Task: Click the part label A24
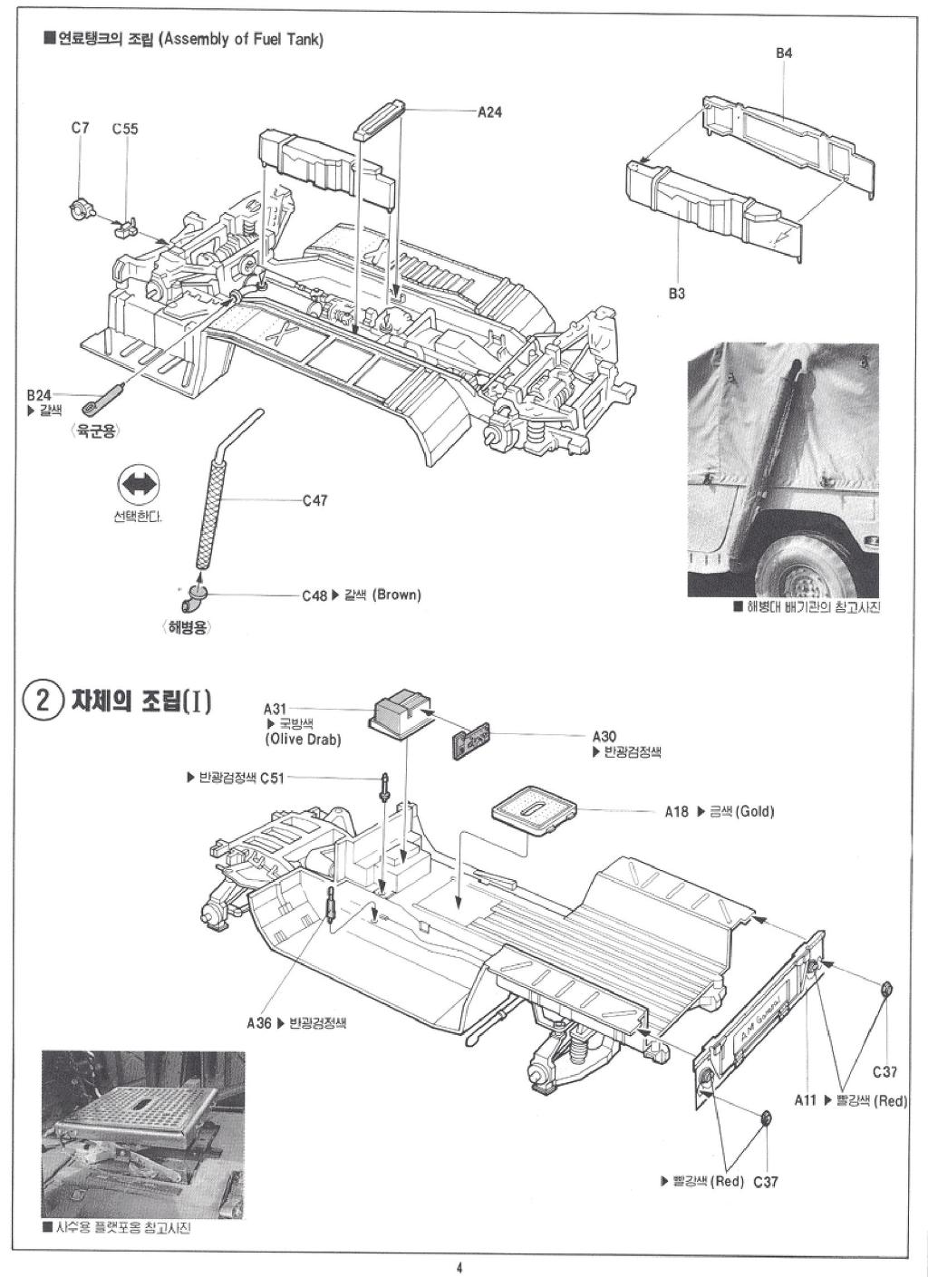(x=489, y=112)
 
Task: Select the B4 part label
(x=784, y=53)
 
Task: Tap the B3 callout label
(x=677, y=293)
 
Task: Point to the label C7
(x=81, y=129)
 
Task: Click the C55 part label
(x=125, y=129)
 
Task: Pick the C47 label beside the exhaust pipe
(x=314, y=500)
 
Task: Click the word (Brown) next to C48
(x=396, y=595)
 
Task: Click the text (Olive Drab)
(x=304, y=739)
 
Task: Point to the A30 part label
(x=604, y=737)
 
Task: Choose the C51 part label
(x=272, y=778)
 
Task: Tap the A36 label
(x=258, y=1023)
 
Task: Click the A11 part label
(x=806, y=1100)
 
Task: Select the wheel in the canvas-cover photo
(x=797, y=558)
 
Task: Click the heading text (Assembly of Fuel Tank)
(x=241, y=40)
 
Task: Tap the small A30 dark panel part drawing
(x=470, y=740)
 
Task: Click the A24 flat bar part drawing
(x=381, y=121)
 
